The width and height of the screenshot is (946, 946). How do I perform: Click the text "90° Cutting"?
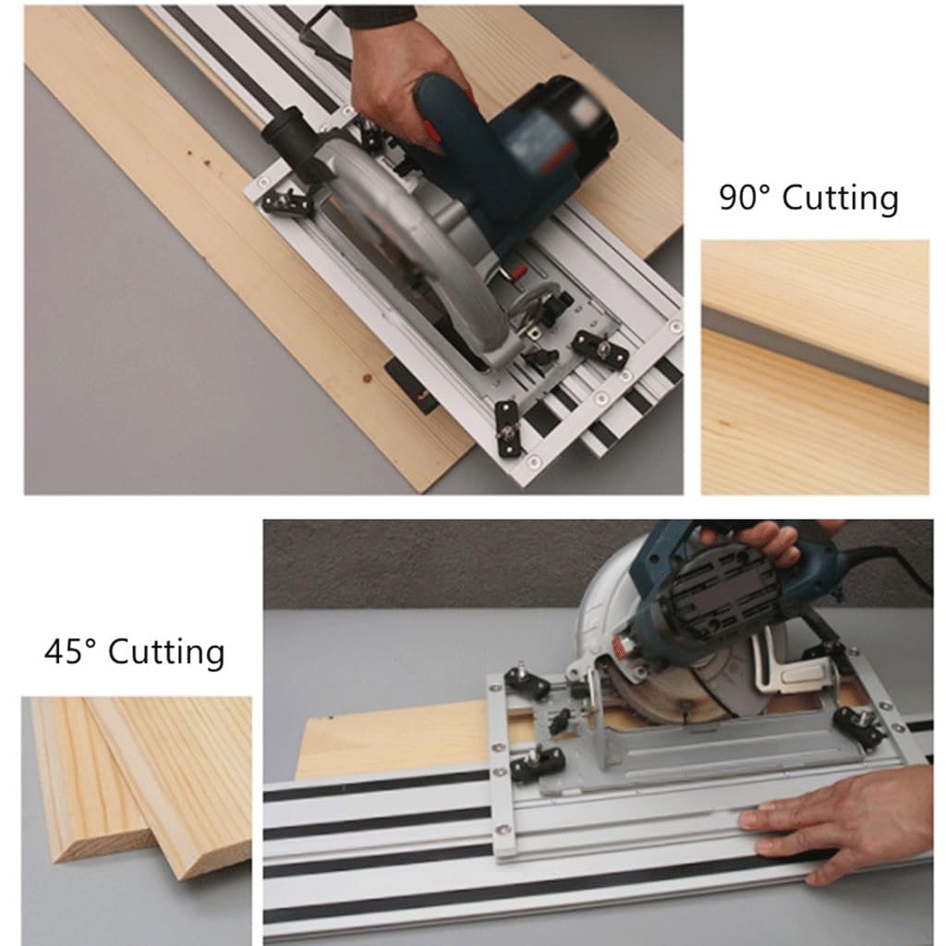pos(808,200)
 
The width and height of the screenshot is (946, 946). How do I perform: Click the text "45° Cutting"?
pos(134,652)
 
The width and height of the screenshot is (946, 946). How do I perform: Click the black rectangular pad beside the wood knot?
pos(411,386)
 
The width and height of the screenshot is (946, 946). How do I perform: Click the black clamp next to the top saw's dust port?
pos(285,200)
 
